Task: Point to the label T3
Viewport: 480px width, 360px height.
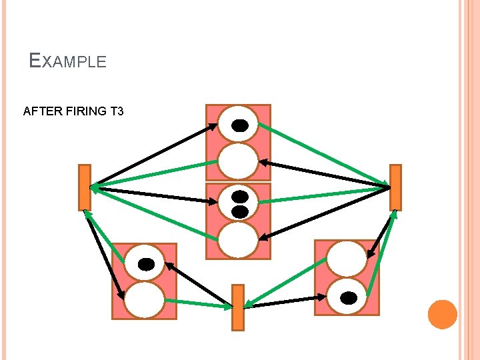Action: click(115, 111)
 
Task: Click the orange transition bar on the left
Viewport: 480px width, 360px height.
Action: click(84, 187)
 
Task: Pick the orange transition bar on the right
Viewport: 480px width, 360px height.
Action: click(395, 187)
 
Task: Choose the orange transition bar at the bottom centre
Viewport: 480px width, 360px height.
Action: click(238, 307)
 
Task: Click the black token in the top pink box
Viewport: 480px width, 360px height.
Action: click(239, 125)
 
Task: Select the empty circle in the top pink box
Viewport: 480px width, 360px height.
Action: click(239, 161)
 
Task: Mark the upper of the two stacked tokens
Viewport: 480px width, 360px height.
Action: click(239, 197)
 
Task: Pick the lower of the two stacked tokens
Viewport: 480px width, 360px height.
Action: click(239, 211)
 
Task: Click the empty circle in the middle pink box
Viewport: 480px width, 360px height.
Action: click(238, 239)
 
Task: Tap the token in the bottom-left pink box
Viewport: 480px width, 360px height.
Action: click(146, 264)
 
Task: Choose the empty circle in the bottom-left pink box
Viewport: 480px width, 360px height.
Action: click(145, 300)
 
